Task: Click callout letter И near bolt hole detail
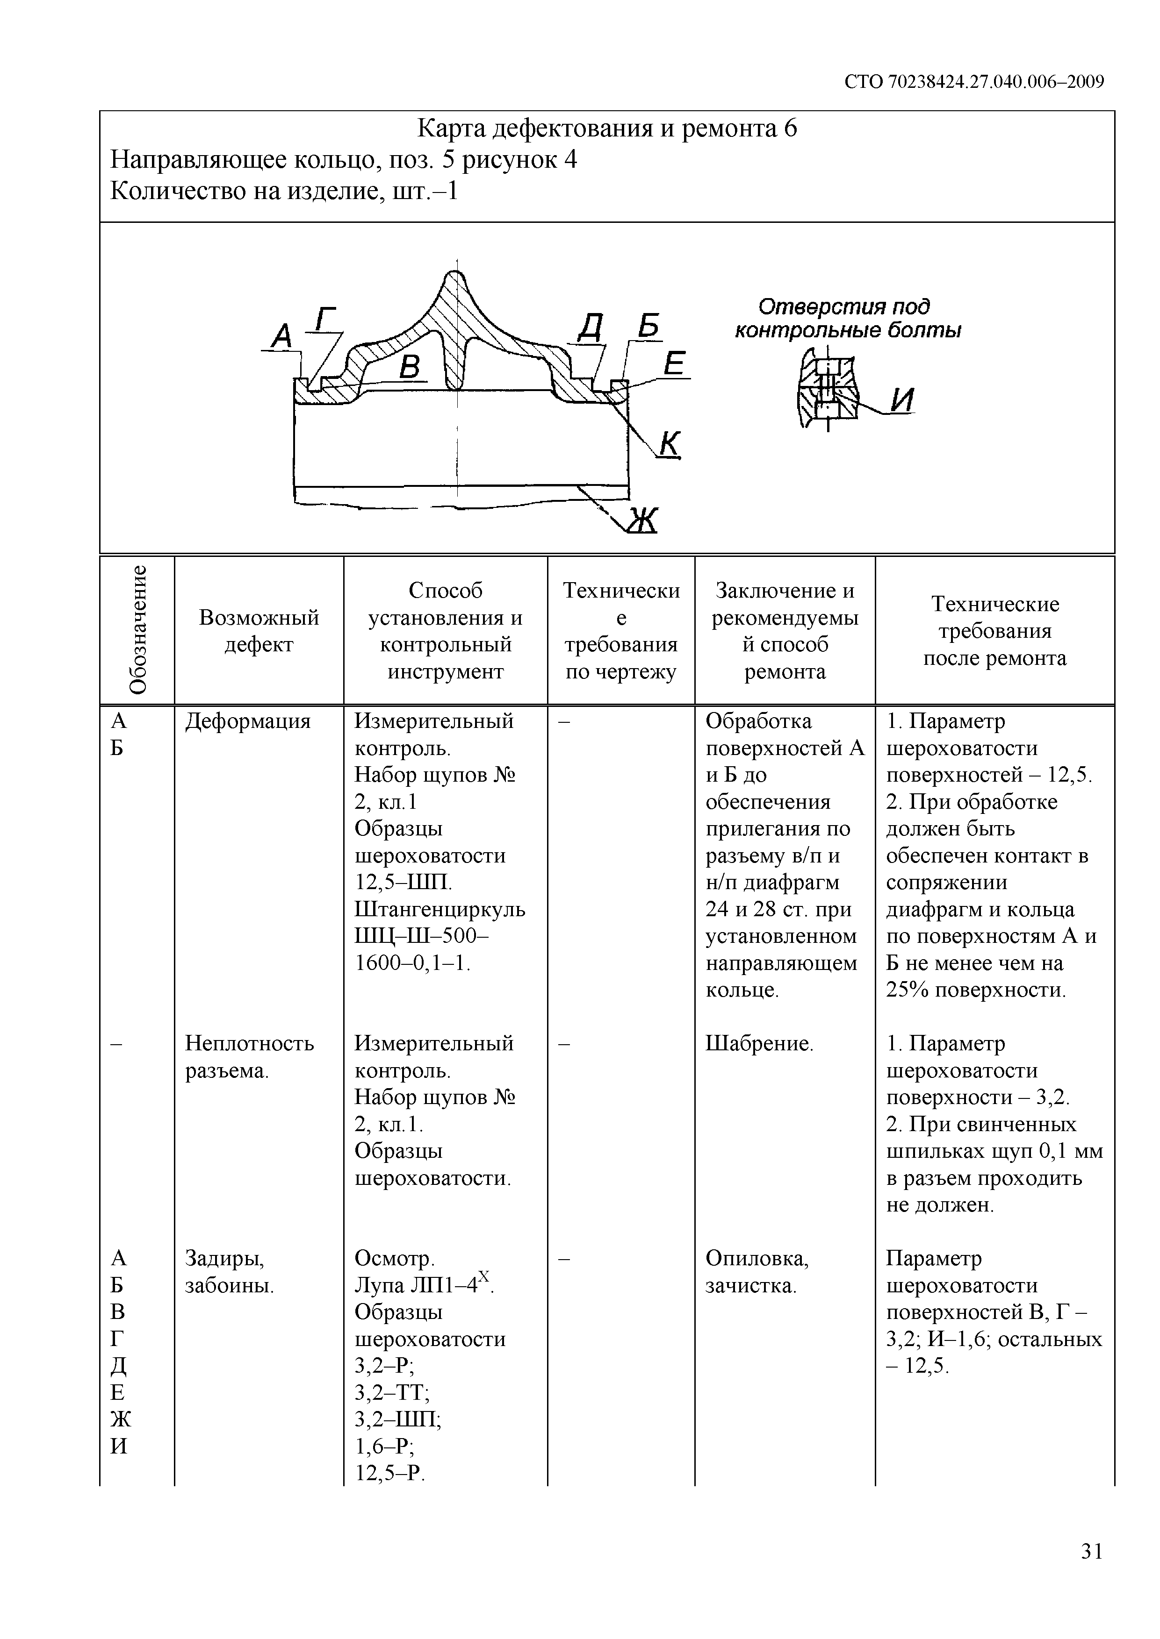coord(902,400)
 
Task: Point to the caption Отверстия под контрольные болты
coord(847,318)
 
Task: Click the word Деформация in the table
coord(248,721)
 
